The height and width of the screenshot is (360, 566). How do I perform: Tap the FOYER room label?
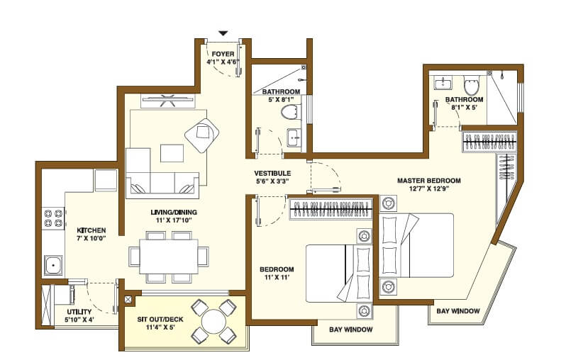[223, 53]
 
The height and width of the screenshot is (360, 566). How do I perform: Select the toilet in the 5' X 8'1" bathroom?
[290, 112]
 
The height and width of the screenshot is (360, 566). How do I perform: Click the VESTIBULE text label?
[272, 174]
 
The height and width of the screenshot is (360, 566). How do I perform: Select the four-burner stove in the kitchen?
[52, 218]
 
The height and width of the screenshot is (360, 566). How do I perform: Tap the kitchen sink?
[52, 265]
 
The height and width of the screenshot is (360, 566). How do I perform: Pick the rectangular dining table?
[168, 256]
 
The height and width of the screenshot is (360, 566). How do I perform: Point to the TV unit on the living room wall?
[168, 101]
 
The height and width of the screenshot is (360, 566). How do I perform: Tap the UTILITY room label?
[79, 312]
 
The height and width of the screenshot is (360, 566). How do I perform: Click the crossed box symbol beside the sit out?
[128, 300]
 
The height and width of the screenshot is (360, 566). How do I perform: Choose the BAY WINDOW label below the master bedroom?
[458, 311]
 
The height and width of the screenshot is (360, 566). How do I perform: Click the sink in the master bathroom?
[443, 84]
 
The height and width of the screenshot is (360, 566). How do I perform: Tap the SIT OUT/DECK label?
[162, 319]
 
